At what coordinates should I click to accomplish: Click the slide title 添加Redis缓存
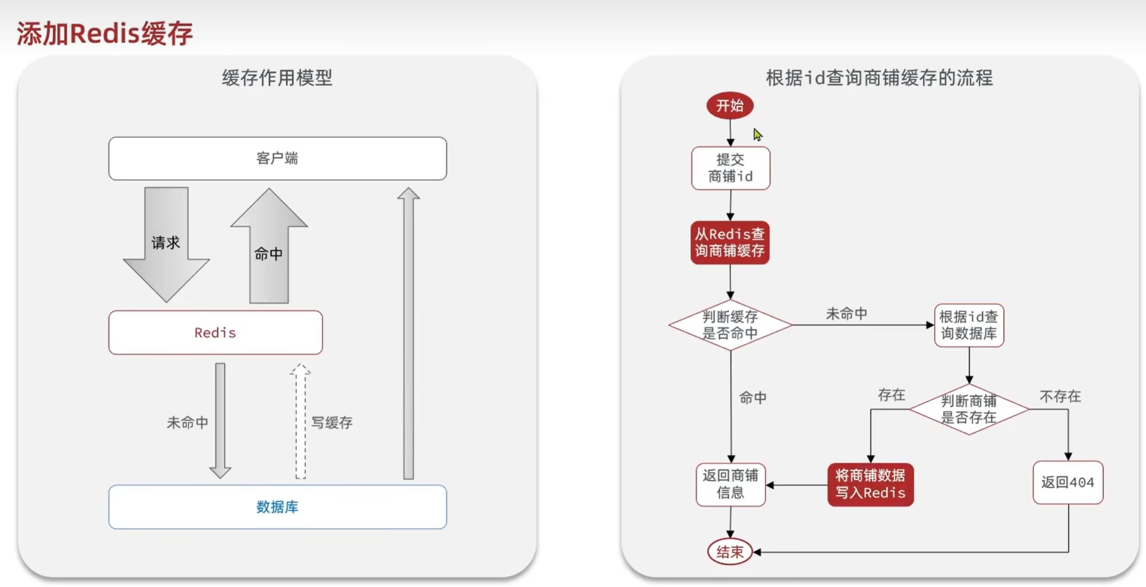[105, 33]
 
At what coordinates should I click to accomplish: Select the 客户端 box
[277, 158]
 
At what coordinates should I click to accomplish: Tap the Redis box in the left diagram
[215, 332]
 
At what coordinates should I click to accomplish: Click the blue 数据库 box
[277, 507]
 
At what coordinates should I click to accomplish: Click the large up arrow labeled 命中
[269, 250]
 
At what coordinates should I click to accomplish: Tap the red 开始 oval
[730, 106]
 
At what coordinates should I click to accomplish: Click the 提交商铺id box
[731, 168]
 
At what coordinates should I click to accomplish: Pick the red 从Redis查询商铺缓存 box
[730, 243]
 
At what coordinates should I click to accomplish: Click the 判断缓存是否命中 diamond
[730, 325]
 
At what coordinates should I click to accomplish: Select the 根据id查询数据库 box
[969, 325]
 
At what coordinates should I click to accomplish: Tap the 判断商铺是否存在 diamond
[969, 409]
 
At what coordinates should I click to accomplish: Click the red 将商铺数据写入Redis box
[871, 484]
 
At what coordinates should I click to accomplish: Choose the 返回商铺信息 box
[731, 484]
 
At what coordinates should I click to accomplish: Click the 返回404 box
[1068, 482]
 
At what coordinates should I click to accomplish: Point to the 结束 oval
[730, 552]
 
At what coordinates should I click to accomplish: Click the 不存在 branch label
[1060, 397]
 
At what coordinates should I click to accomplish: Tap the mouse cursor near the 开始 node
[757, 134]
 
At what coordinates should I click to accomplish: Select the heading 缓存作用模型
[277, 78]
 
